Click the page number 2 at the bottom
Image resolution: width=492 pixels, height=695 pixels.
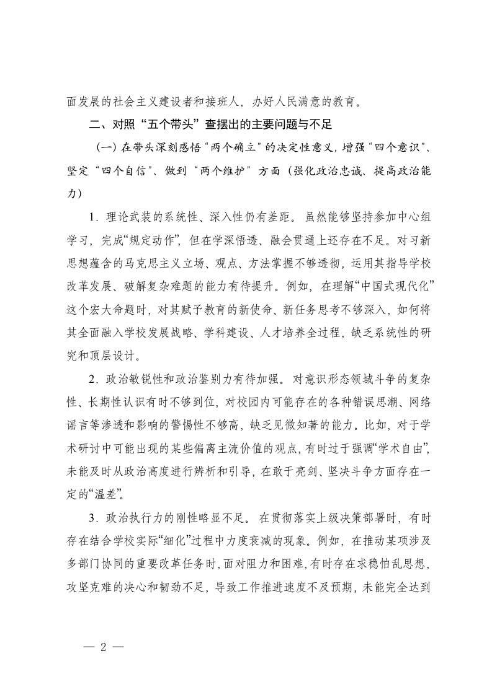(104, 645)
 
